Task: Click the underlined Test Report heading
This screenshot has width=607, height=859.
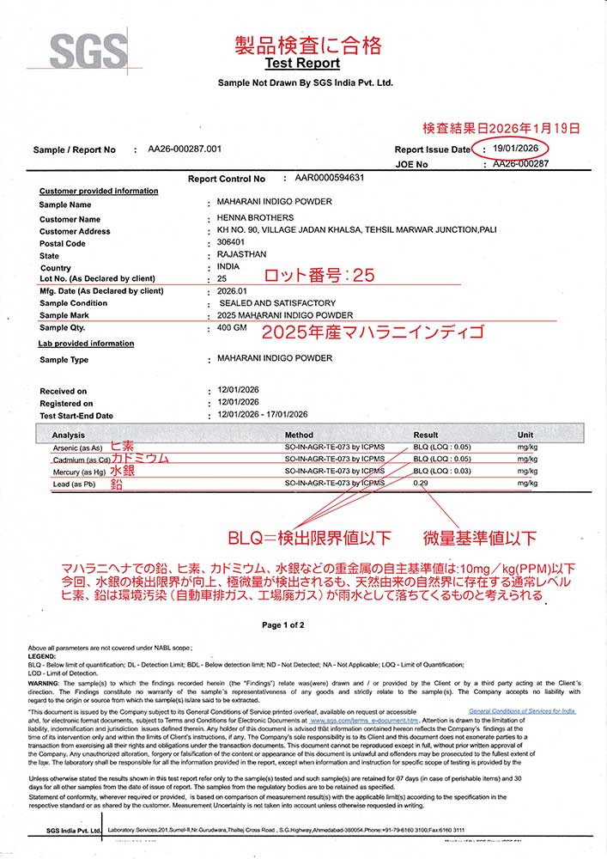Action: [x=302, y=63]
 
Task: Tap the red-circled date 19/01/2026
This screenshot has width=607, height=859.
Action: [x=510, y=149]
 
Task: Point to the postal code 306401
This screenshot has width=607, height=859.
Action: [x=233, y=243]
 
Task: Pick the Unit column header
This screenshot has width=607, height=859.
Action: [x=525, y=435]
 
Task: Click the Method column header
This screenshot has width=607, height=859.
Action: [x=299, y=435]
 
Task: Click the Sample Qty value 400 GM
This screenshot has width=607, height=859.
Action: [x=234, y=328]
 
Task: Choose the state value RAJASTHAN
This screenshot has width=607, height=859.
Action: [x=243, y=255]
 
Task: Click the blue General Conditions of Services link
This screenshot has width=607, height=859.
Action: [x=522, y=711]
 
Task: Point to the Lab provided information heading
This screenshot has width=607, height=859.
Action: [x=87, y=344]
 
